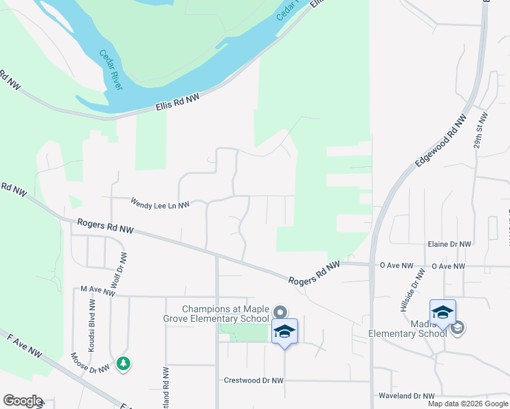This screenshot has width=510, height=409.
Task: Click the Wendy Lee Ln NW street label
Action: (160, 203)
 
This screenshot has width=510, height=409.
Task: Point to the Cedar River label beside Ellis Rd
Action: (110, 70)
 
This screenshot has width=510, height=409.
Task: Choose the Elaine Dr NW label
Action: (449, 244)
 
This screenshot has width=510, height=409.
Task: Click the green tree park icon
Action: (123, 363)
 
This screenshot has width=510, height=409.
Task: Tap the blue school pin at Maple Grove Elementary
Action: (284, 332)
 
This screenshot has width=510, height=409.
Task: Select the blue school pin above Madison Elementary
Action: (442, 313)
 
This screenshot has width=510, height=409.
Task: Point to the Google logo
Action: (22, 401)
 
